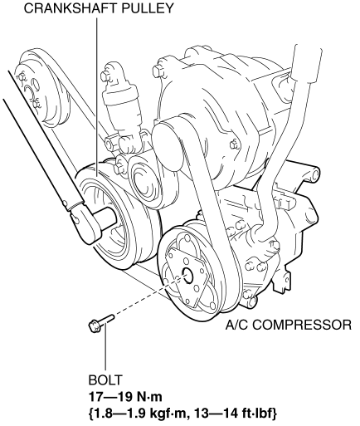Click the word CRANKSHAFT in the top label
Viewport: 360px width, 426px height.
point(71,8)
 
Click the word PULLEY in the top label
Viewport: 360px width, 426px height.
point(148,8)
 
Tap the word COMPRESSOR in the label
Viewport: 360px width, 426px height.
point(302,325)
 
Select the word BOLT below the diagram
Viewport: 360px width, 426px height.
point(105,380)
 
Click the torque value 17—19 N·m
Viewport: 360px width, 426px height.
point(125,397)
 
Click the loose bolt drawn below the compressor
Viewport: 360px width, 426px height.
point(100,322)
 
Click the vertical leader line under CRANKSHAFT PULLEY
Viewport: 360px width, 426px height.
point(97,97)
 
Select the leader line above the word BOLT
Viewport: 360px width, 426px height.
point(105,348)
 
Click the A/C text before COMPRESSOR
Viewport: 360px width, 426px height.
point(237,325)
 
